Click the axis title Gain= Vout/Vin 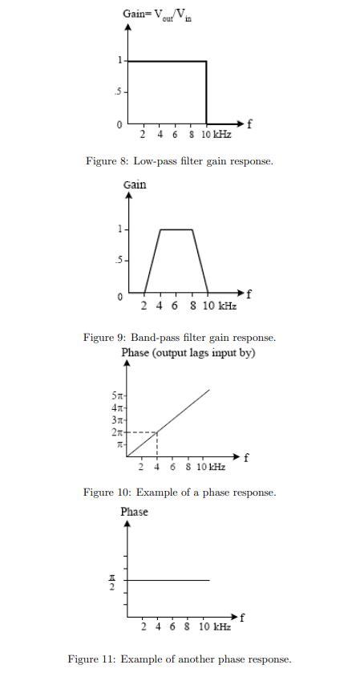[157, 14]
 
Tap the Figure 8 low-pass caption [180, 161]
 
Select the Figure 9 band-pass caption [180, 338]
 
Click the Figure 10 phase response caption [180, 492]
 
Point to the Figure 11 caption [180, 659]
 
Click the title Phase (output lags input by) [188, 353]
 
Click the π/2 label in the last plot [113, 581]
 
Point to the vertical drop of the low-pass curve [207, 92]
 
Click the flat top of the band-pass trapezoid [176, 229]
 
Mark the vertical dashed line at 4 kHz [157, 445]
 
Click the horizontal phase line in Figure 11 [168, 580]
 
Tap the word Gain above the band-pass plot [135, 184]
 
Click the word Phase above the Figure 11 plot [134, 512]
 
